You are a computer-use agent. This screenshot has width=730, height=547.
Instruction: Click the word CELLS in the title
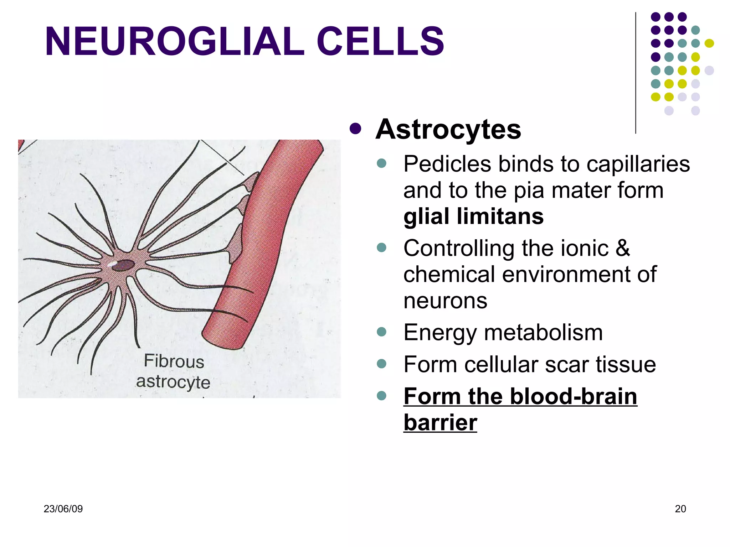[x=380, y=42]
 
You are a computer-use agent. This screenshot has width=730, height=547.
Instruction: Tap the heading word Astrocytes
[x=448, y=129]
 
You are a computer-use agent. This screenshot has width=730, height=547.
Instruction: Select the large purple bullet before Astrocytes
[x=355, y=129]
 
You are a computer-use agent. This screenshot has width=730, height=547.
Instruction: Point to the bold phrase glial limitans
[x=473, y=217]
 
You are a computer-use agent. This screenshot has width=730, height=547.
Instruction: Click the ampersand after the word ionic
[x=622, y=248]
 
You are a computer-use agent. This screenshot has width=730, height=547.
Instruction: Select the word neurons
[x=445, y=301]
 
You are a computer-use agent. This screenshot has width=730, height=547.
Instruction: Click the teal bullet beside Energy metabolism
[x=381, y=332]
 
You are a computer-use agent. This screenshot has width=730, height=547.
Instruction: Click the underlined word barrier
[x=440, y=423]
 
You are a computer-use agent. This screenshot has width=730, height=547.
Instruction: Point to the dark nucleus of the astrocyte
[x=124, y=265]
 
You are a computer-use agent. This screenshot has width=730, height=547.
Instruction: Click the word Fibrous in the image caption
[x=174, y=361]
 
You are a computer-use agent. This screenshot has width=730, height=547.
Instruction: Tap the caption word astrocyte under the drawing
[x=173, y=382]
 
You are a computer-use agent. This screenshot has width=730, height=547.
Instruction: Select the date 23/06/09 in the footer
[x=63, y=509]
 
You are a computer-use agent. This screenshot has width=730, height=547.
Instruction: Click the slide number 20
[x=680, y=509]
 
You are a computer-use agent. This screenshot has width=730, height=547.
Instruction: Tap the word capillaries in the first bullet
[x=638, y=165]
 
